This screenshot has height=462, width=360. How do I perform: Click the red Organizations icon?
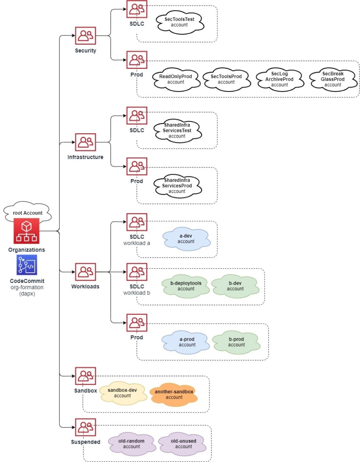[27, 231]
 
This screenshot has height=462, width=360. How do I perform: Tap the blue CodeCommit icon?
[27, 265]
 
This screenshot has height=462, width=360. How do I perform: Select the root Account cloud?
[27, 212]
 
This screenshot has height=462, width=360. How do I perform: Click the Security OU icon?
[85, 36]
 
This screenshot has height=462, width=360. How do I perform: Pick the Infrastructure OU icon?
[85, 142]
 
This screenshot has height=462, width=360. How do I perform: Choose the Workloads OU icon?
[85, 271]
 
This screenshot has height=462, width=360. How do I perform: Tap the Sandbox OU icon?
[85, 376]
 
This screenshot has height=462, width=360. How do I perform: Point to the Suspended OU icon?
[85, 427]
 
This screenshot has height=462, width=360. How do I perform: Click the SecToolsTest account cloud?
[180, 22]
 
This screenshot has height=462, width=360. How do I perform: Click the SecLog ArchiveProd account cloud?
[279, 79]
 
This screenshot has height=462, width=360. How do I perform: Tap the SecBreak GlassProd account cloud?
[333, 79]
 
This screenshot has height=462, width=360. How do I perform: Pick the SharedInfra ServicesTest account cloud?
[177, 130]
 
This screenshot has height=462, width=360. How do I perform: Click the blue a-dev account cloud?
[186, 239]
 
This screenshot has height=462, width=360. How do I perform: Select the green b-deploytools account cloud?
[186, 286]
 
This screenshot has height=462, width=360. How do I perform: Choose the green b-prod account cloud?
[236, 342]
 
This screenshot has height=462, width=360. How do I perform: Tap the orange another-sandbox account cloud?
[174, 395]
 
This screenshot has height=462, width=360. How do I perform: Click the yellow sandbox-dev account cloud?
[123, 393]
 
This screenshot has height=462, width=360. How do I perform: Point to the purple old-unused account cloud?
[183, 444]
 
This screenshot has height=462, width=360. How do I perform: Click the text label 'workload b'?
[137, 293]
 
